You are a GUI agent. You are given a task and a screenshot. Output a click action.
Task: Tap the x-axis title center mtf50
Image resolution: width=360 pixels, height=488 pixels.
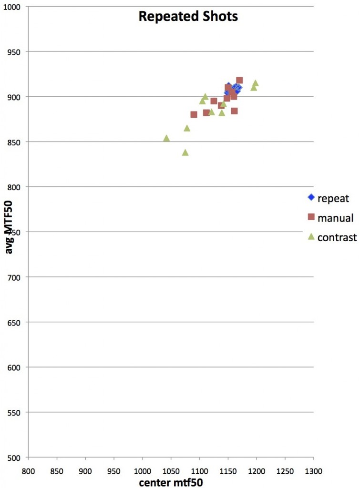point(171,482)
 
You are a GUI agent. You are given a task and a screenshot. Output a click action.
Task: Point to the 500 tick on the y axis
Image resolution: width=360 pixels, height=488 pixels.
point(18,457)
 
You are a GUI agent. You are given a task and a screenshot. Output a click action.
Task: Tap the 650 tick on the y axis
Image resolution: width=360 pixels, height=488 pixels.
point(18,322)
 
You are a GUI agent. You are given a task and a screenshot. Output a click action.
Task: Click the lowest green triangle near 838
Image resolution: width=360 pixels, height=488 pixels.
point(185,152)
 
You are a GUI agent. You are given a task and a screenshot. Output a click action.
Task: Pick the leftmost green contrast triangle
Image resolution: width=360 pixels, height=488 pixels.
point(166,138)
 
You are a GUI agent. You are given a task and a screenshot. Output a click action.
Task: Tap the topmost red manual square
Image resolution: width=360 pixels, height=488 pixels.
point(239,81)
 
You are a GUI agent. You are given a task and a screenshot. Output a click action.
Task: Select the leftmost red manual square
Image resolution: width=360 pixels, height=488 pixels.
point(194,114)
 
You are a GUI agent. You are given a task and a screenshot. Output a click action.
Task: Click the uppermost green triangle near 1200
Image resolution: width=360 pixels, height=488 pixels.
point(256,83)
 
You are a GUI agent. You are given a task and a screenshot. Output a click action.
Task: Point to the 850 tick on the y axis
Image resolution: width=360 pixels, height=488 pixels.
point(18,142)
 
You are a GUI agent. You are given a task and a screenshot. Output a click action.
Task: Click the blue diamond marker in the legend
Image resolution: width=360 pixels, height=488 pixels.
point(311,197)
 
